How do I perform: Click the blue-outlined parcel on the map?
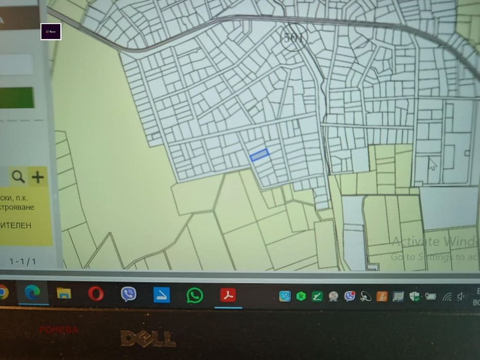pos(259,155)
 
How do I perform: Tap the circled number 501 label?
pos(294,38)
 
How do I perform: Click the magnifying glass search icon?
pos(19,177)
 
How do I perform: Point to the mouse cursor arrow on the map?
pos(432,164)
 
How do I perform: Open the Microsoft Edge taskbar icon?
pos(32,293)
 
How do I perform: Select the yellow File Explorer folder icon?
pos(64,294)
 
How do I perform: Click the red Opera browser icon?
pos(96,294)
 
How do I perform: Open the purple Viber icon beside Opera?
pos(129,294)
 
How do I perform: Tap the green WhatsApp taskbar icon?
pos(194,295)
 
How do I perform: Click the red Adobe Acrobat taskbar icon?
pos(227,295)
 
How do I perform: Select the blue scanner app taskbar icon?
pos(162,294)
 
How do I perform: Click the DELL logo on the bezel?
pos(148,338)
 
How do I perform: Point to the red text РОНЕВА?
pos(59,330)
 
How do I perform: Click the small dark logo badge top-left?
pos(51,32)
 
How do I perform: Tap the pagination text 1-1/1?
pos(23,261)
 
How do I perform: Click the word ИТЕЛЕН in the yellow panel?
pos(15,225)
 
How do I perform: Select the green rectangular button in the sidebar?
pos(17,98)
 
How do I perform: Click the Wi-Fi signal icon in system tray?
pos(447,297)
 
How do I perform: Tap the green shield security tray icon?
pos(414,296)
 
